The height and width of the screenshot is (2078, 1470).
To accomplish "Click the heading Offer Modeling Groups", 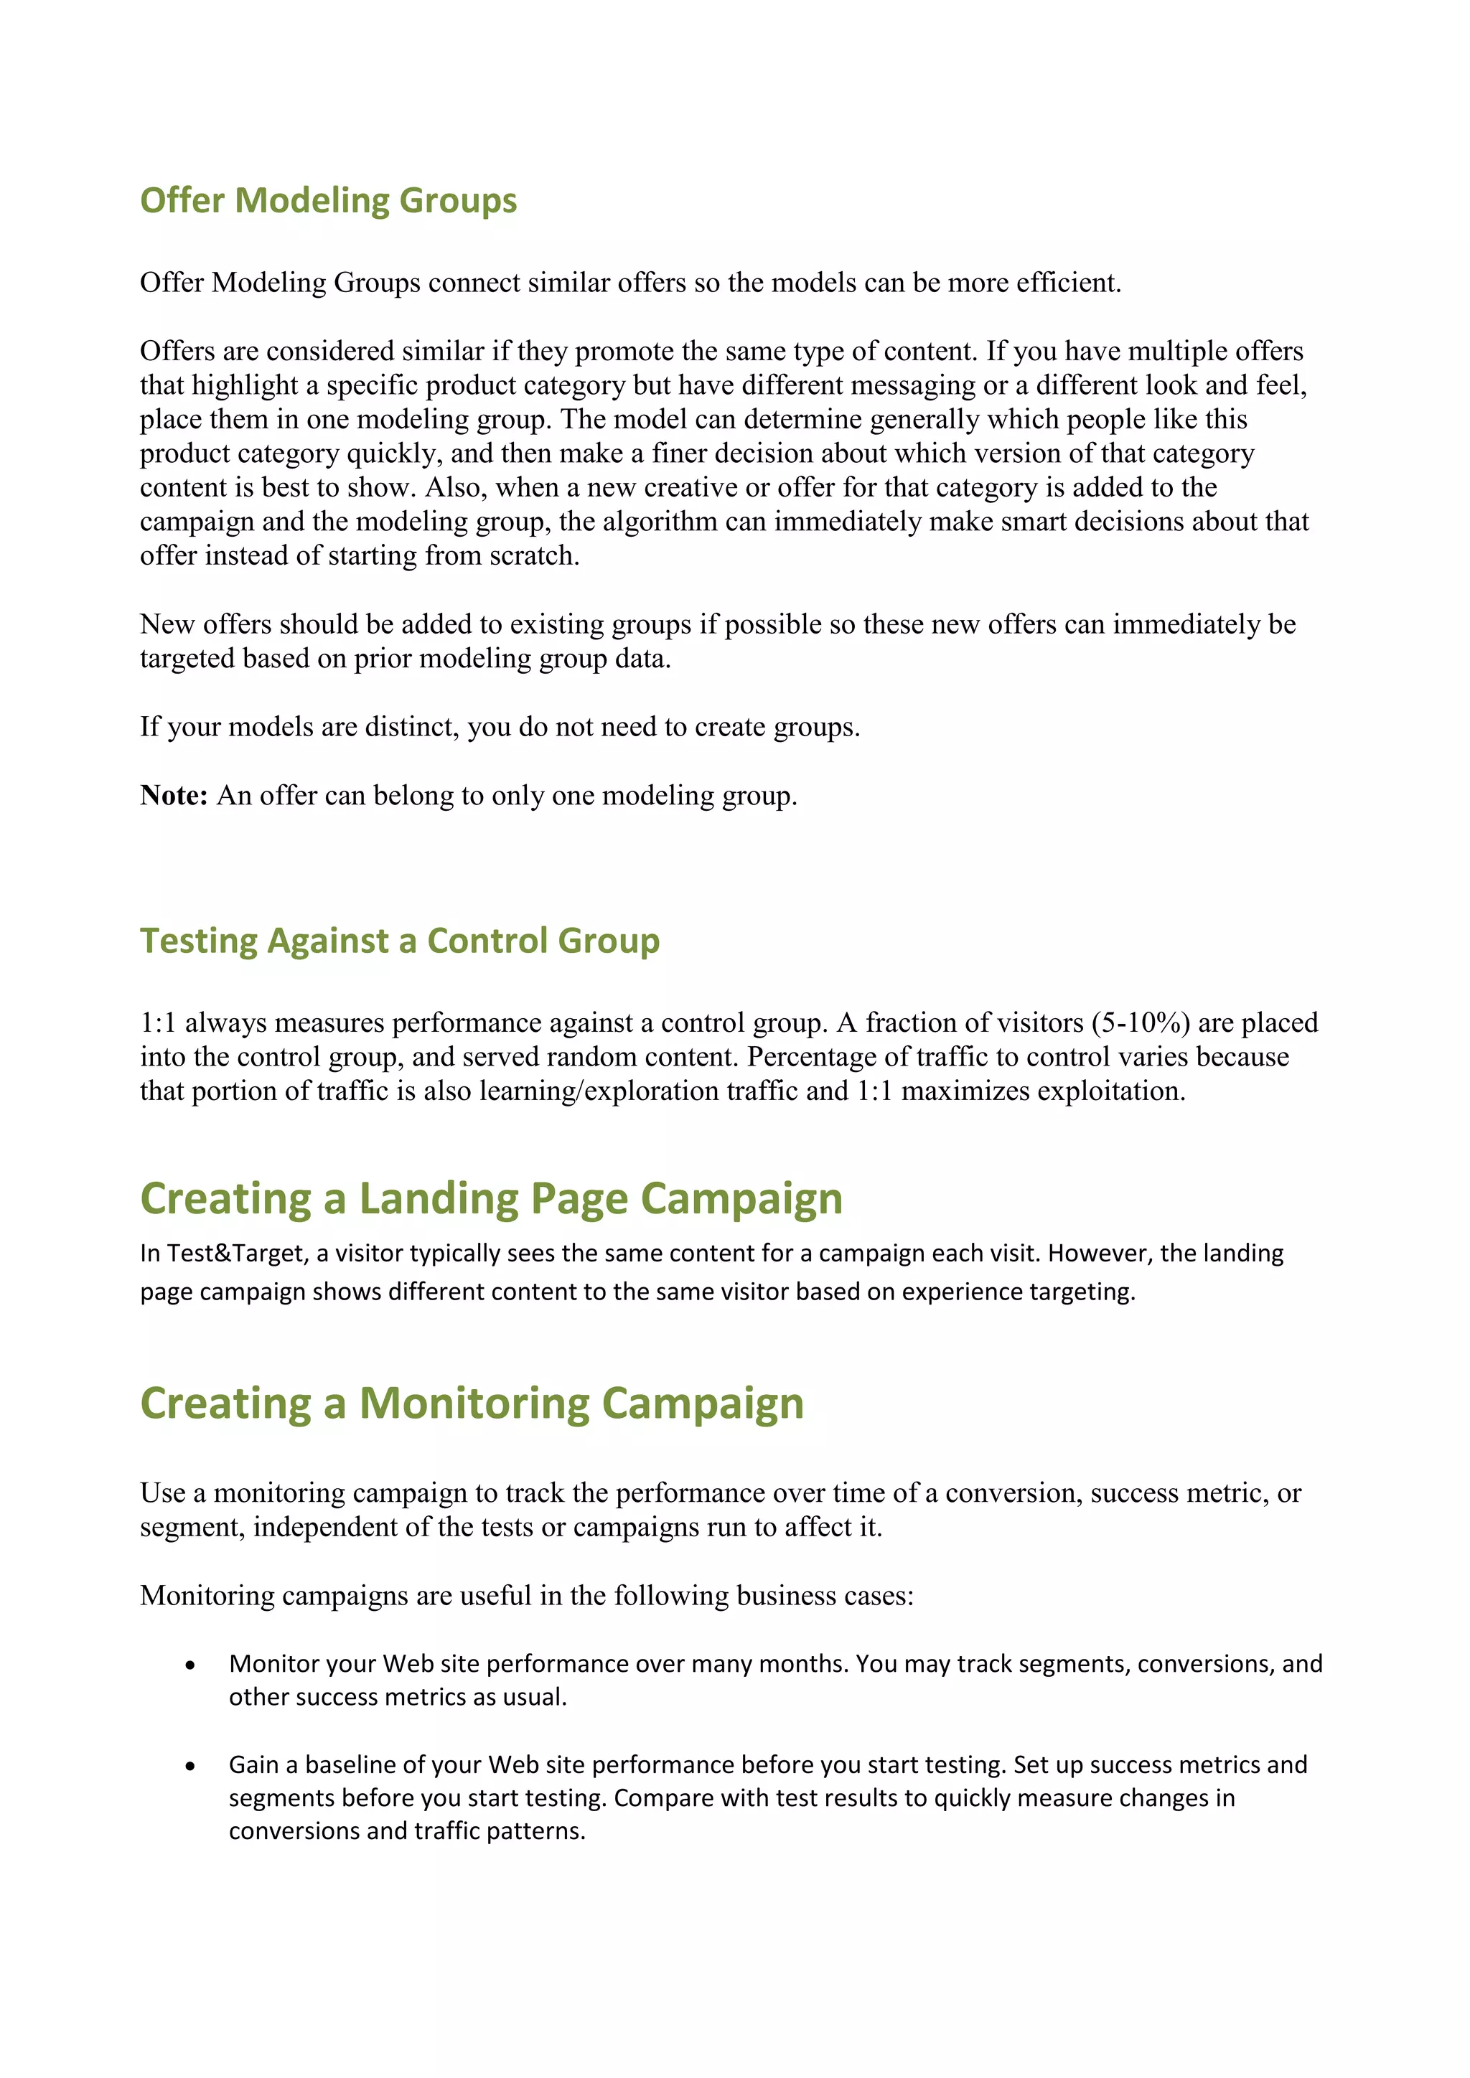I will point(328,201).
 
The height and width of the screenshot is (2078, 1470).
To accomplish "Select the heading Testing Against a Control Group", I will point(399,941).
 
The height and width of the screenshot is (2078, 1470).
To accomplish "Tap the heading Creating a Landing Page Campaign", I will point(491,1198).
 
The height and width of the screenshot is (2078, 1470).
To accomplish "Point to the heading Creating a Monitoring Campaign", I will point(472,1404).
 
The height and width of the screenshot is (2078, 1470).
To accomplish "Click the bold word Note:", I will point(174,796).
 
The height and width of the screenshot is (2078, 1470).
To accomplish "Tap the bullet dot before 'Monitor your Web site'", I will point(190,1665).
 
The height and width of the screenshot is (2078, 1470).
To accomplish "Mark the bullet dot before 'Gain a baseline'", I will point(190,1766).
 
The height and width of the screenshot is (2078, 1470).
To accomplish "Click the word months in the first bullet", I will point(802,1665).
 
